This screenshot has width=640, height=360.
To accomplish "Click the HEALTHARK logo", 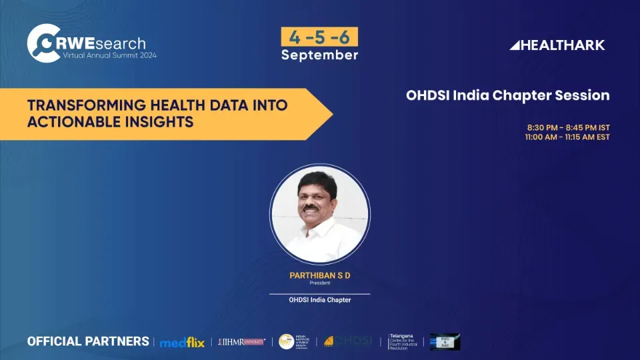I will tap(557, 45).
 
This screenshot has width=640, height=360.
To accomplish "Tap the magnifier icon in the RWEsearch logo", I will tap(41, 43).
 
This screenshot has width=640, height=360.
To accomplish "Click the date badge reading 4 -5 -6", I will tap(319, 37).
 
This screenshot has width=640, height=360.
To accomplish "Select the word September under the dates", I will tap(319, 55).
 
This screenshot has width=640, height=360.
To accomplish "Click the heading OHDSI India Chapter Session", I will tap(507, 95).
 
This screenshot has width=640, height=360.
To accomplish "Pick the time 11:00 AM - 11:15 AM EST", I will tap(567, 137).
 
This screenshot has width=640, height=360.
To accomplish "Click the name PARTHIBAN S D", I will tap(319, 275).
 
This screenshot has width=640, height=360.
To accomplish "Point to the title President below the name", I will tap(319, 283).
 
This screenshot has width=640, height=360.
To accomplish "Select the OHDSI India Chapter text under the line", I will tap(319, 300).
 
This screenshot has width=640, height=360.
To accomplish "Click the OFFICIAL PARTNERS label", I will tap(88, 341).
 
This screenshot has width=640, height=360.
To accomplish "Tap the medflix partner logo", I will tap(181, 342).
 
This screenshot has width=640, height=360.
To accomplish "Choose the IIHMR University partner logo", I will tap(241, 341).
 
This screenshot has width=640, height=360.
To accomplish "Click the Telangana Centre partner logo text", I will tap(405, 341).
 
